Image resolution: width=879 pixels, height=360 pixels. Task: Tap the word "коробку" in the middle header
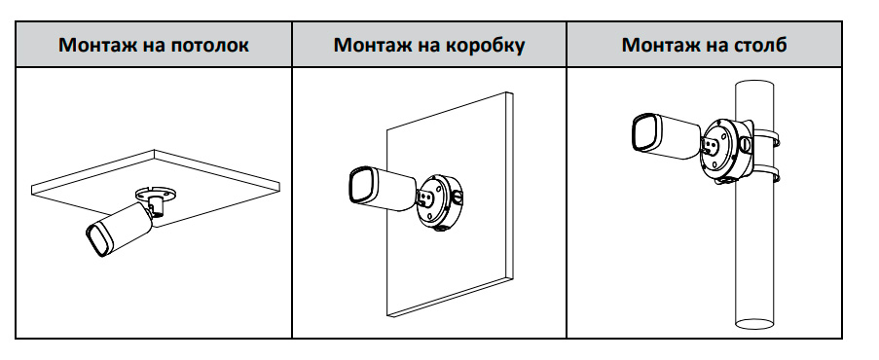coord(486,45)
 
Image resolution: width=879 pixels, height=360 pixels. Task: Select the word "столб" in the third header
coord(759,45)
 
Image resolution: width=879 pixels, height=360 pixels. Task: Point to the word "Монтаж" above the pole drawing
coord(658,45)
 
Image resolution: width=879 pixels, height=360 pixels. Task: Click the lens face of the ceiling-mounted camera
coord(98,239)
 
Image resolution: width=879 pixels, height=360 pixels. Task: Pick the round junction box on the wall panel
coord(441,201)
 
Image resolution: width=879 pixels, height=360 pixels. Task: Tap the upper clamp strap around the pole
coord(766,138)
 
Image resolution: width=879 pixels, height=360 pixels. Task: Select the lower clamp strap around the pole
coord(766,174)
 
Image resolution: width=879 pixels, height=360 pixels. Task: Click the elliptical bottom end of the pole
coord(754,324)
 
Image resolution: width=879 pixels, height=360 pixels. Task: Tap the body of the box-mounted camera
coord(393,190)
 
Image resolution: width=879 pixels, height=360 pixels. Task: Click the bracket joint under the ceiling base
coord(158,207)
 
